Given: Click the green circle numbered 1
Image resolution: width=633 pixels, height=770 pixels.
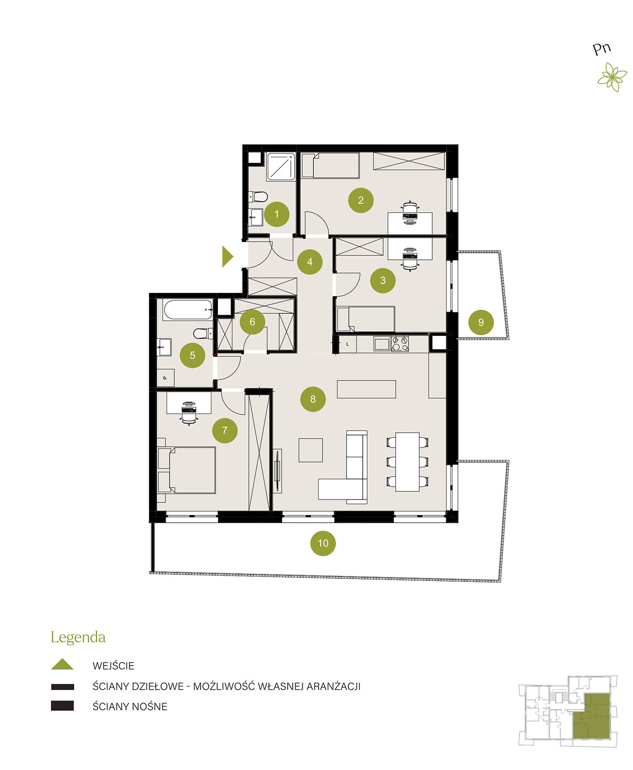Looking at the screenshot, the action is pos(276,214).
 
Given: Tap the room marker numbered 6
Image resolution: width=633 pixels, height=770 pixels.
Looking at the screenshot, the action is pos(252,321).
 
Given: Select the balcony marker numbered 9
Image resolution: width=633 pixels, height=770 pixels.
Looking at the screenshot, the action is pos(481,322).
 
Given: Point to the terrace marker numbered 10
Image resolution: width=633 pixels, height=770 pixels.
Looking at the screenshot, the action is pos(323,543).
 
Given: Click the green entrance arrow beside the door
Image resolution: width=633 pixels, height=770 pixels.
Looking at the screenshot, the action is pos(227,257).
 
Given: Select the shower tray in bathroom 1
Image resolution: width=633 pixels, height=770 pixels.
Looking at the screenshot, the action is pos(281,167).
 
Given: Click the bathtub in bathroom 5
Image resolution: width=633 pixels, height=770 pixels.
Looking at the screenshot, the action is pos(188,310).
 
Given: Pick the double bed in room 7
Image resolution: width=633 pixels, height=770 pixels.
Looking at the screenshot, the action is pos(187,470).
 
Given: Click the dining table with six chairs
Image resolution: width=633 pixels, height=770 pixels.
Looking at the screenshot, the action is pos(407,462).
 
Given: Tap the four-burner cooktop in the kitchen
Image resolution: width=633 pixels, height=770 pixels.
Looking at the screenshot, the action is pos(400,344).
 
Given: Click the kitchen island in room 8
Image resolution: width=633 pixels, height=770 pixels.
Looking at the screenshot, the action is pos(366,389).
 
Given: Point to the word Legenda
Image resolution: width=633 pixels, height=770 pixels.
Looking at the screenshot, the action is pos(78,638).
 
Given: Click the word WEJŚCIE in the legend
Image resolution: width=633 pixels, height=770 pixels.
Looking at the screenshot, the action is pos(113,666).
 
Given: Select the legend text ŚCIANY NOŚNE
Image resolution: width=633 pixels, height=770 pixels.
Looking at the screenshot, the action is pos(129,706).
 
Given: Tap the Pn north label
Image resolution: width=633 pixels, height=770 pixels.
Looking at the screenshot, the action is pos(602,49).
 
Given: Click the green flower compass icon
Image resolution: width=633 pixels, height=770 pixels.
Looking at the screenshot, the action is pos(612,77).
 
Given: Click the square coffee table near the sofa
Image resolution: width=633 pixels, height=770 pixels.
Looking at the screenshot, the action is pos(310,450).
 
